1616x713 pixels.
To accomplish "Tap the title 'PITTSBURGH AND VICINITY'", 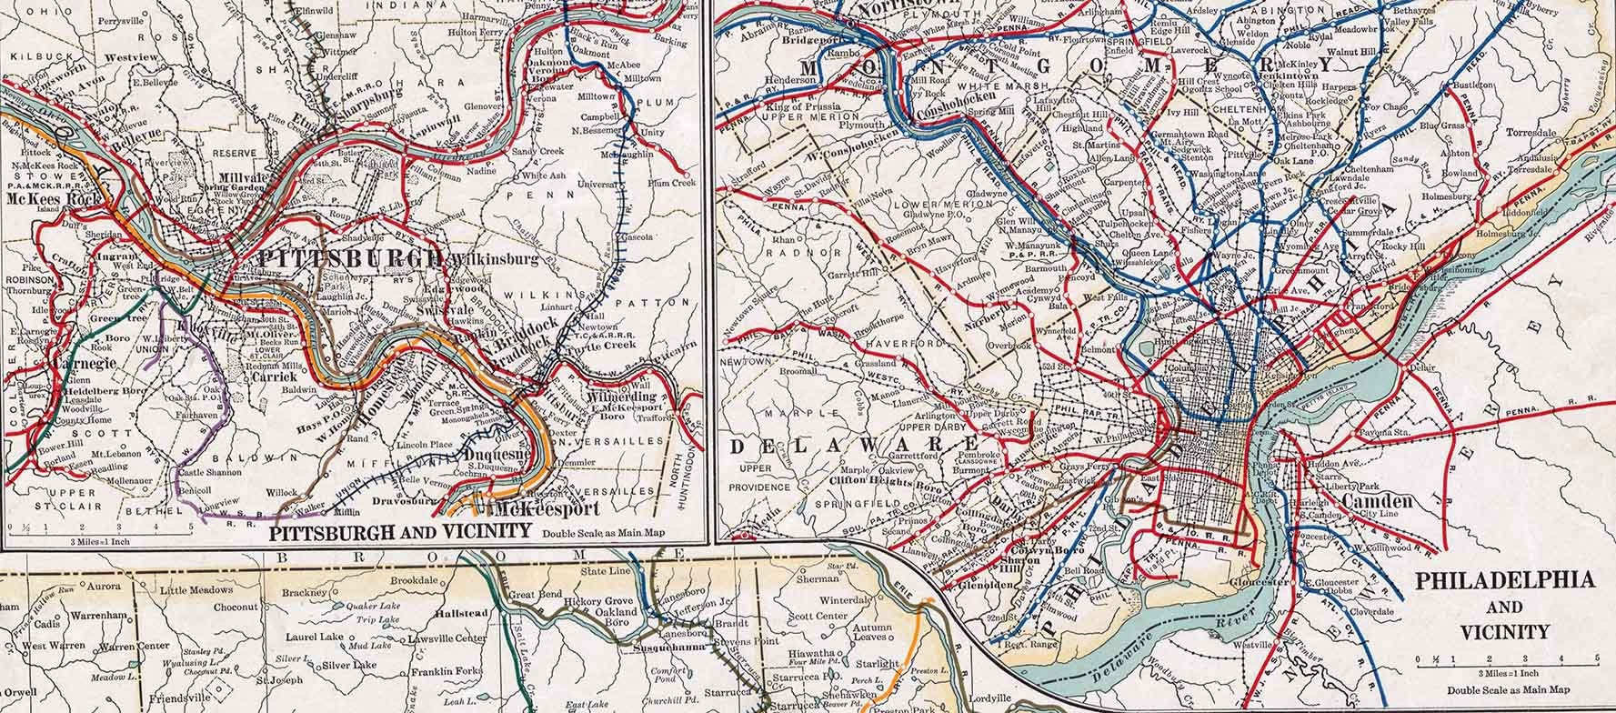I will point(401,530).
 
